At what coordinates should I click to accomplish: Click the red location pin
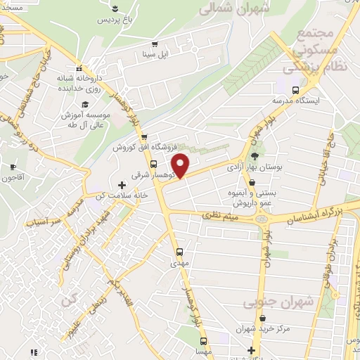181,165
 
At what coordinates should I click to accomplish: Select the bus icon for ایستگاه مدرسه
296,90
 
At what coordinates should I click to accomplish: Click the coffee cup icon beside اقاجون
12,167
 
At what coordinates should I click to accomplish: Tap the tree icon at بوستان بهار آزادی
254,157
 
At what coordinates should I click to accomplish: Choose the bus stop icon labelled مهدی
179,251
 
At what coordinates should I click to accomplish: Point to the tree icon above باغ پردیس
114,8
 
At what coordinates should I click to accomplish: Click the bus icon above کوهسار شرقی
154,164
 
